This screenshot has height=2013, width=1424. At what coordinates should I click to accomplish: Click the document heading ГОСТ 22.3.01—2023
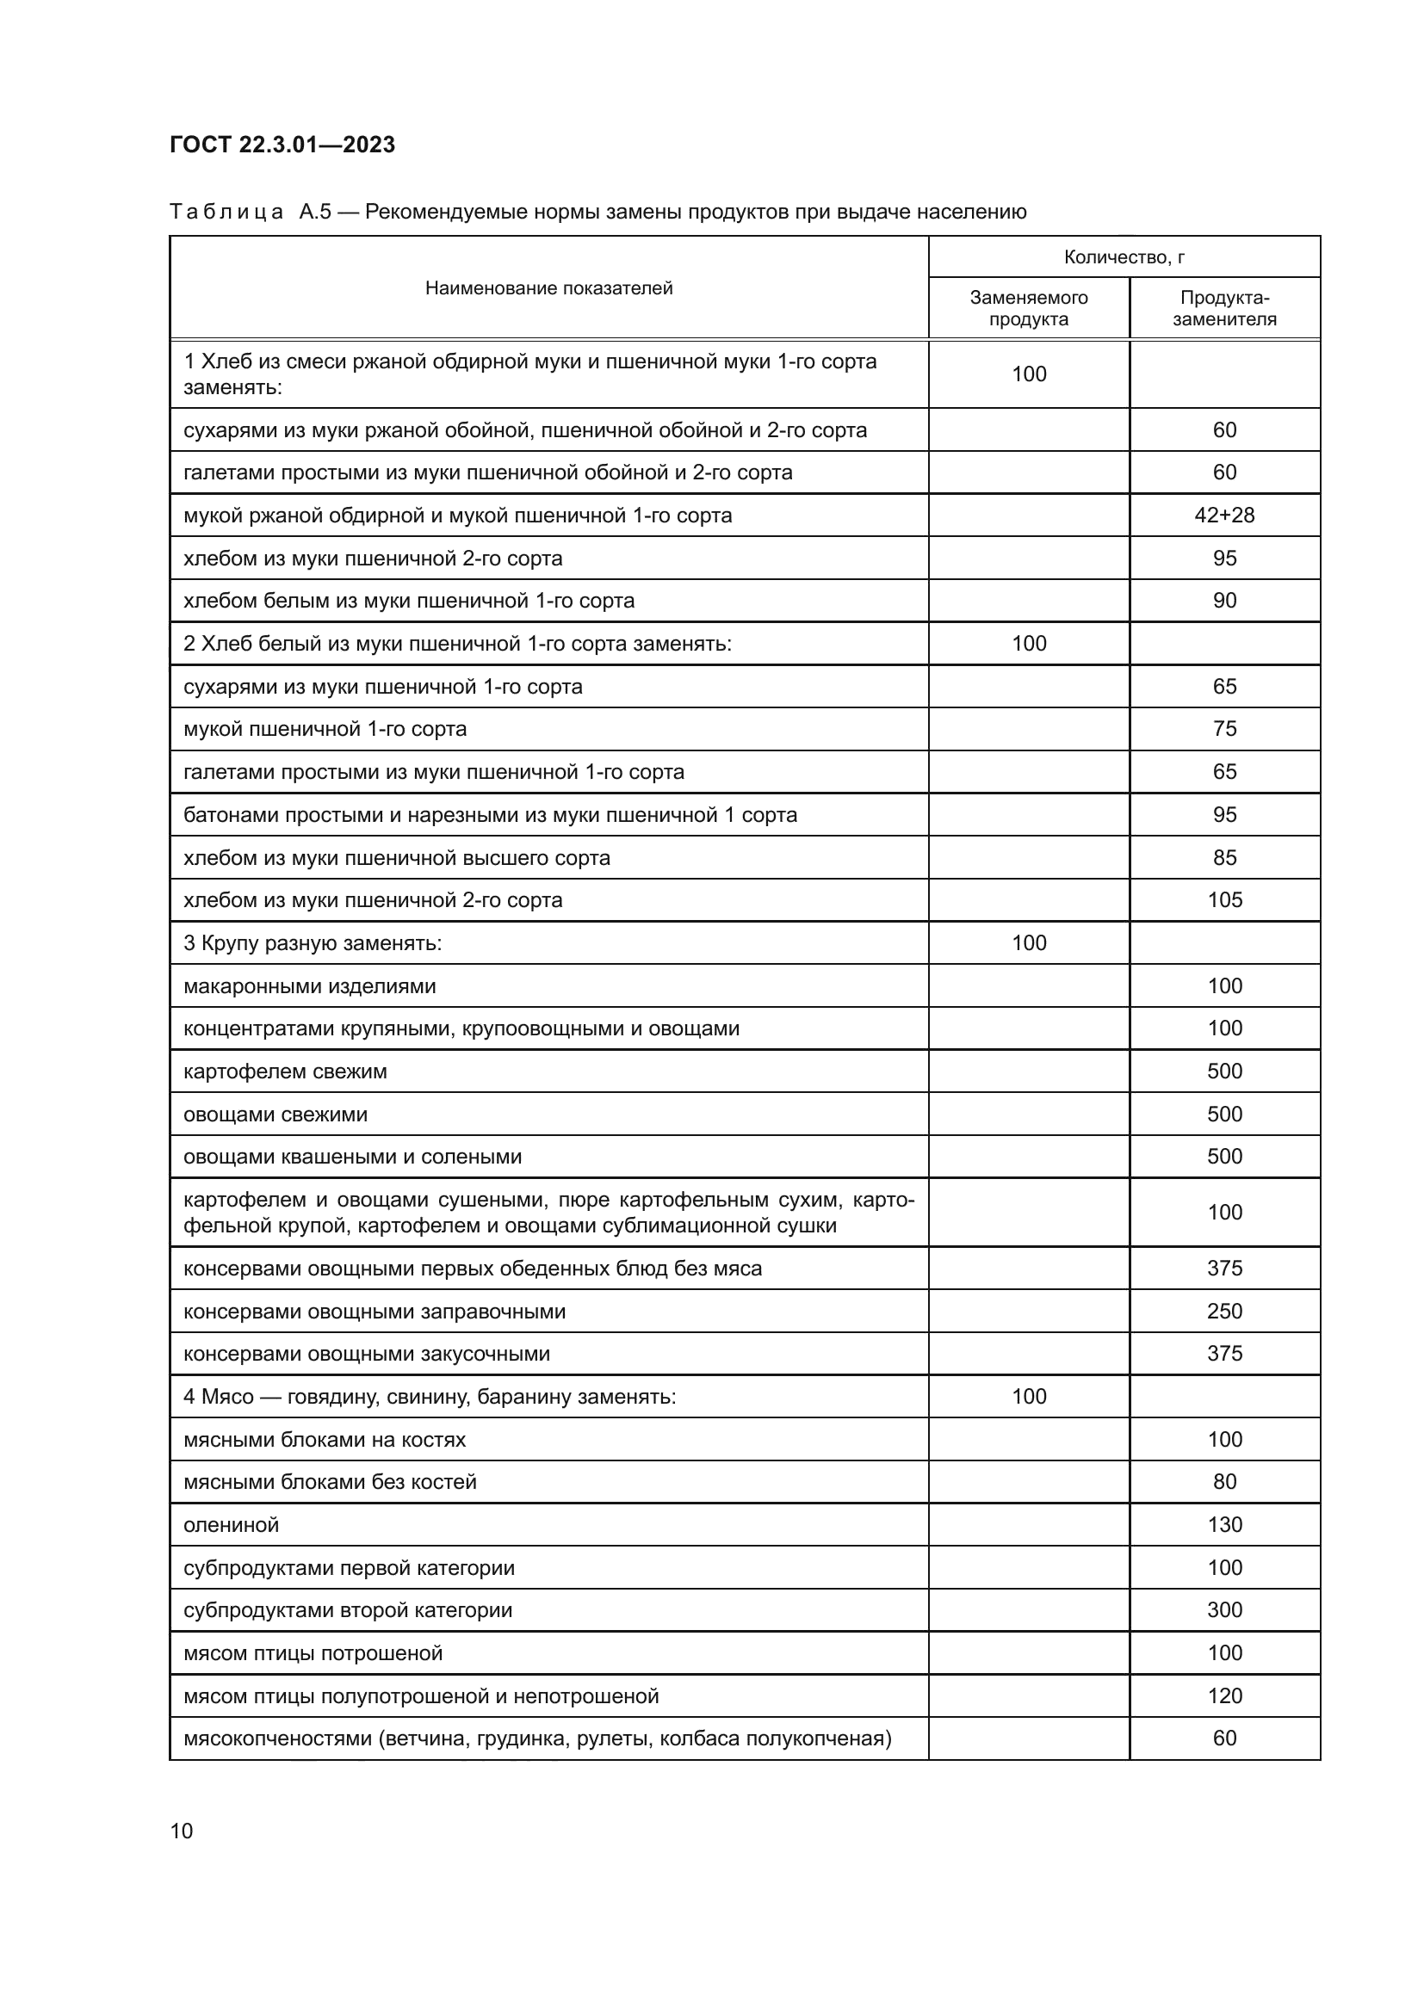282,145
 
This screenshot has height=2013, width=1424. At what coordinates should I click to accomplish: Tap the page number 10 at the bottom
182,1831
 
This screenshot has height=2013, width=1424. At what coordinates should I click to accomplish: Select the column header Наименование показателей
549,288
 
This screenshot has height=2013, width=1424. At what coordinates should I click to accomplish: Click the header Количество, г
1124,256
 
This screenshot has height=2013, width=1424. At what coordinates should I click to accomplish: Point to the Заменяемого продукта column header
1029,308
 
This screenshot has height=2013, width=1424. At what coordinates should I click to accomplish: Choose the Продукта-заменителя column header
1224,308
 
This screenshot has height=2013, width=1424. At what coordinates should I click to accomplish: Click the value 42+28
1224,516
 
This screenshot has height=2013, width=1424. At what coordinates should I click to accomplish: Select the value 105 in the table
1224,900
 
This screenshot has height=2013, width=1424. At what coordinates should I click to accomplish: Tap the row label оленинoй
232,1526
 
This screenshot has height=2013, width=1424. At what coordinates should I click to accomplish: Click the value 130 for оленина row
1224,1526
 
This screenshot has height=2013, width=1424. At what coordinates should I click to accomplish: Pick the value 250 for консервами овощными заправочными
1224,1312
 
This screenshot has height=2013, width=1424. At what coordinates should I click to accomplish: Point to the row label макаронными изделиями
310,986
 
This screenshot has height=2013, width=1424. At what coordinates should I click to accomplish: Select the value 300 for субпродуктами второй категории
1224,1610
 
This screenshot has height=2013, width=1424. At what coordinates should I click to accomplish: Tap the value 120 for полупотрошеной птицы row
1224,1696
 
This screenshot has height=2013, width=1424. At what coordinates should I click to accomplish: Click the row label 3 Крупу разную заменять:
313,943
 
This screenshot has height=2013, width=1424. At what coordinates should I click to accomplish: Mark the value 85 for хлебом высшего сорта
1224,857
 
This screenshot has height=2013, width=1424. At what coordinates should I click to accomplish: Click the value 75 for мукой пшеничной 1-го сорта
1224,730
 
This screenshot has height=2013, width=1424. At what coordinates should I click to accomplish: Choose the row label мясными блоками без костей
330,1483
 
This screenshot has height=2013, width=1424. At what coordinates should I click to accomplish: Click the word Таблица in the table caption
226,213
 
